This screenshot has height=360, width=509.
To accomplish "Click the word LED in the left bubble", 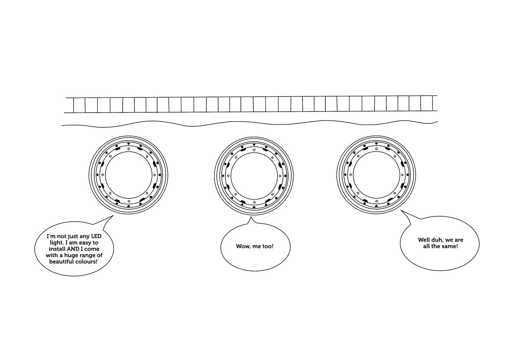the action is coord(96,236).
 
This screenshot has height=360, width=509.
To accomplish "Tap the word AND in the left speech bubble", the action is coord(72,249).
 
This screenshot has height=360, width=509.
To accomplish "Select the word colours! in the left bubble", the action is coord(86,262).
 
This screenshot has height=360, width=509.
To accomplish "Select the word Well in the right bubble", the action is coord(424,240).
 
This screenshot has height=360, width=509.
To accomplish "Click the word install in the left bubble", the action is coord(57,249).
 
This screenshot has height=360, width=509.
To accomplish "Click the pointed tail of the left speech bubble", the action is coord(113,216).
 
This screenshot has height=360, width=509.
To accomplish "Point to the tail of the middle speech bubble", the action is coord(251,217).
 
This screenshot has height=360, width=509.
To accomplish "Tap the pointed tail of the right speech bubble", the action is coord(401,210).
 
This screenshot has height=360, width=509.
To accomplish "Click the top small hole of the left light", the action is coord(129,149).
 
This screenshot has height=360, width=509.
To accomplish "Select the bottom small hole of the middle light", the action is coord(254,202).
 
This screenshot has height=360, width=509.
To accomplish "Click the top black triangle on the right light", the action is coord(376,144).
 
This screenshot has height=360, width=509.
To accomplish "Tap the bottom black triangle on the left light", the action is coord(129,206).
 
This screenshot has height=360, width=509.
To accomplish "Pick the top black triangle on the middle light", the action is coord(254,145).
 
